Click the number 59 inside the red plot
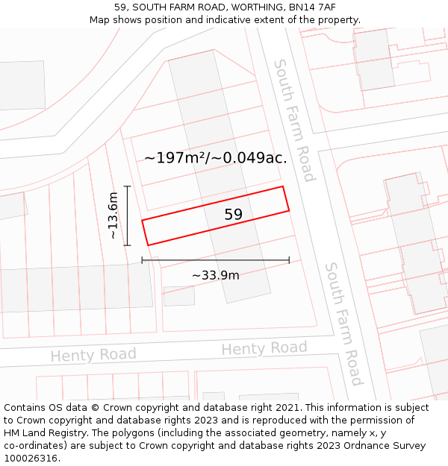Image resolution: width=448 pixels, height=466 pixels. click(234, 215)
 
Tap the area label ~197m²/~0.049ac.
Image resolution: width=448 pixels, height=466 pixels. click(215, 158)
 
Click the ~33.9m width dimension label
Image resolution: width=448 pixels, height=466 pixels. click(215, 275)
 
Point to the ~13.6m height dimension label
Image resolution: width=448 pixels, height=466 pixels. click(113, 215)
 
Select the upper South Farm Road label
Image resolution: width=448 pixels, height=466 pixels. click(293, 120)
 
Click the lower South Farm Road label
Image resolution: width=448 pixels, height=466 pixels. click(343, 324)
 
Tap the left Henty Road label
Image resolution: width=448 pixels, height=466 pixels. click(93, 355)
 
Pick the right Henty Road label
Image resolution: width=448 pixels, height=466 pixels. click(264, 348)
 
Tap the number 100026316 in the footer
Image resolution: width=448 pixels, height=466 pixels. click(30, 458)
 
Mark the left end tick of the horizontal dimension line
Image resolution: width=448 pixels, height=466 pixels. click(142, 260)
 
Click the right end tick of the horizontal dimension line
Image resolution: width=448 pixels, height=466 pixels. click(289, 260)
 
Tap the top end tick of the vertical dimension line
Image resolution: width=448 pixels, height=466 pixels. click(128, 186)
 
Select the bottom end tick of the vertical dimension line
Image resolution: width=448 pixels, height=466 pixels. click(128, 245)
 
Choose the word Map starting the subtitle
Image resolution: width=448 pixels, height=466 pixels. click(101, 20)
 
